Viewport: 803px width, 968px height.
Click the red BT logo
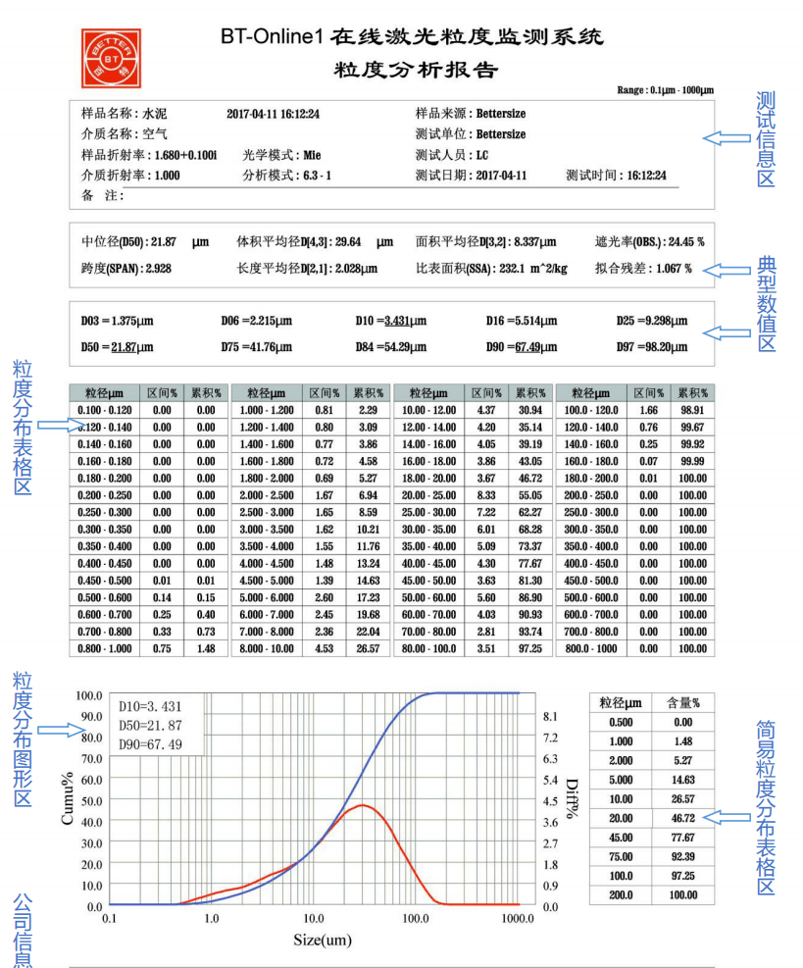point(111,58)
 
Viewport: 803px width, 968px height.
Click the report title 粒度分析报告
point(417,70)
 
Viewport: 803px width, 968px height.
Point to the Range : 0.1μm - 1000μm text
point(665,90)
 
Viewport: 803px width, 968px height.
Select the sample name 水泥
point(155,114)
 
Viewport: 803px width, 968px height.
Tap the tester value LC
point(482,155)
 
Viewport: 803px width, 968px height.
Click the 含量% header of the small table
point(684,703)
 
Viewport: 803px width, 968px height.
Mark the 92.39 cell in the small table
point(684,857)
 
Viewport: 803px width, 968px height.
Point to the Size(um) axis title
point(323,941)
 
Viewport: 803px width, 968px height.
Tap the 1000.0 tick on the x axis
point(517,920)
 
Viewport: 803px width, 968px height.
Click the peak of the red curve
point(363,805)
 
